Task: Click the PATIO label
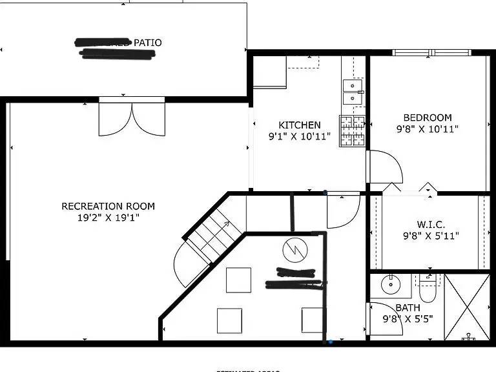coord(147,43)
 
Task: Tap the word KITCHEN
coord(299,125)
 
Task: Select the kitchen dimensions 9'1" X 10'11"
coord(299,136)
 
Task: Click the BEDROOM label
coord(428,118)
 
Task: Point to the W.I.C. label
coord(430,224)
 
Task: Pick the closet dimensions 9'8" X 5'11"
coord(430,236)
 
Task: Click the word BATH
coord(408,307)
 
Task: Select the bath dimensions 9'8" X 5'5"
coord(408,318)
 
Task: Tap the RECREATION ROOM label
coord(108,206)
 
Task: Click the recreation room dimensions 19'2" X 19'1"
coord(108,218)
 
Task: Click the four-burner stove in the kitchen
coord(352,130)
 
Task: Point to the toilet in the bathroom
coord(428,285)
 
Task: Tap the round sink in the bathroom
coord(390,284)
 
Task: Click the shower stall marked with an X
coord(466,307)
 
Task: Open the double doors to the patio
coord(132,119)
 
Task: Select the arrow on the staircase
coord(225,225)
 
